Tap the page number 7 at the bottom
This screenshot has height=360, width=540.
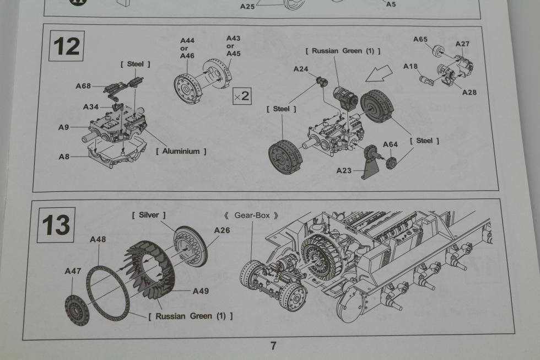(x=273, y=346)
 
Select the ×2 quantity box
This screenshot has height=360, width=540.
(x=241, y=95)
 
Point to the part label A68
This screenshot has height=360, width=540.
(x=83, y=86)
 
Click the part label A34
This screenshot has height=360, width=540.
(x=91, y=106)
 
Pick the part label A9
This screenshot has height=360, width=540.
(x=64, y=127)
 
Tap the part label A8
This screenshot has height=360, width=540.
(x=64, y=157)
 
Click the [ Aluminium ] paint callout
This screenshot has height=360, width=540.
(x=181, y=151)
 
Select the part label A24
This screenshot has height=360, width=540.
(x=301, y=69)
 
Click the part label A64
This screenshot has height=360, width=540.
(x=390, y=144)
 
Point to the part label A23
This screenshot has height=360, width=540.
(x=344, y=170)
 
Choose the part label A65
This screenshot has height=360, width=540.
(x=420, y=39)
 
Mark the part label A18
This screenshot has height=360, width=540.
(x=410, y=66)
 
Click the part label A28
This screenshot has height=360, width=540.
(x=469, y=92)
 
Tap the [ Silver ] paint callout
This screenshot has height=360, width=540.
(x=149, y=214)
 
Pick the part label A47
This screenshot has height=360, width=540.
(x=73, y=271)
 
